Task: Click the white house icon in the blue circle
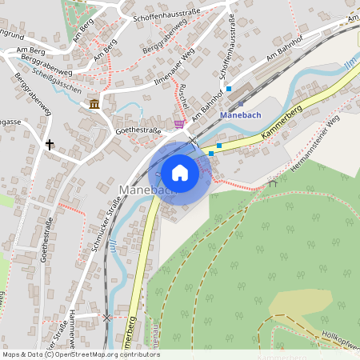[x=179, y=173]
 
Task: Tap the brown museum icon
[x=94, y=105]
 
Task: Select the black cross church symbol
[x=50, y=145]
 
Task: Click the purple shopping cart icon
[x=178, y=123]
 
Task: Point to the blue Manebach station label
[x=241, y=114]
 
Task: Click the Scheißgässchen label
[x=57, y=86]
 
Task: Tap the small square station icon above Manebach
[x=241, y=103]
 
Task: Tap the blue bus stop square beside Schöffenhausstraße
[x=229, y=89]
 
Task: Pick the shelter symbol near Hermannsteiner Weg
[x=273, y=182]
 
